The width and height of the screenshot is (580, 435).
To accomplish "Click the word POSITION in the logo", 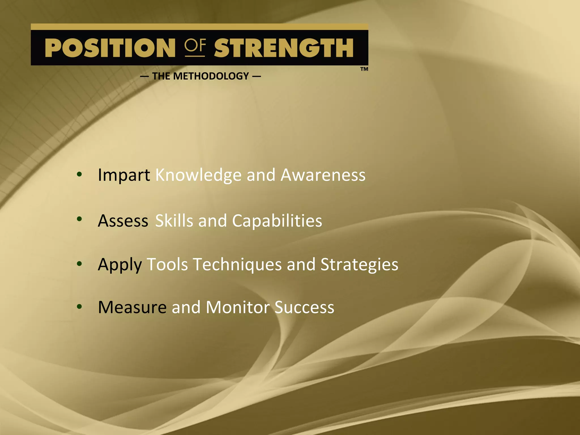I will (x=110, y=48).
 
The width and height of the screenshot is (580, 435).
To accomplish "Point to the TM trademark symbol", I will (x=364, y=69).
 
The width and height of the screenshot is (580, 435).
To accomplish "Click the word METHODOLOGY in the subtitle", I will (x=211, y=76).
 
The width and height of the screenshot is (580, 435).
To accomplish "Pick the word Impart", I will (x=124, y=175).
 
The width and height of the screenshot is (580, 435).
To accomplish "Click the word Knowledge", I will (x=198, y=175).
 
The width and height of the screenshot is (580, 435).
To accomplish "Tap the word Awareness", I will (x=323, y=175).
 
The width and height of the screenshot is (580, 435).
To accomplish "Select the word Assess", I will (x=123, y=221).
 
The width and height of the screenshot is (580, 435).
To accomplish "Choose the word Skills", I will (x=174, y=221).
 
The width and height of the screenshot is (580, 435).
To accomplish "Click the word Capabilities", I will (x=277, y=221).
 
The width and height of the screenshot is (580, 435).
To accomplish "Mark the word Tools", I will (x=167, y=265).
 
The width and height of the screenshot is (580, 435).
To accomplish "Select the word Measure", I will (x=132, y=307).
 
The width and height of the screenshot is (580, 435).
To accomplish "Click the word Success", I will (x=304, y=307).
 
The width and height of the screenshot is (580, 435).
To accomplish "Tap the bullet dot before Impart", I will (x=79, y=174).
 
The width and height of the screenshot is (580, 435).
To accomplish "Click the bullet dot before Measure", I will (x=79, y=306).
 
